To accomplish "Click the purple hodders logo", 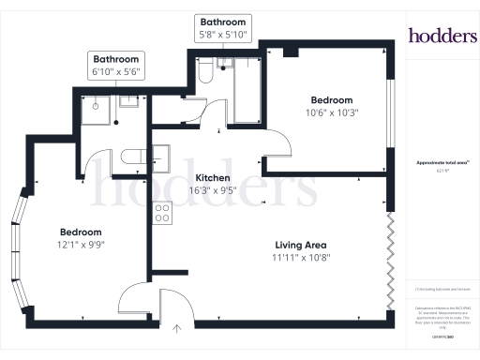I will [442, 36].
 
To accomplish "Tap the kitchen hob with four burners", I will [162, 213].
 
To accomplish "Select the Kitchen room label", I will [215, 177].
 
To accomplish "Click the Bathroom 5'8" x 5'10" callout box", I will [221, 28].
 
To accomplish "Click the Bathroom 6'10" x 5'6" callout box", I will [114, 64].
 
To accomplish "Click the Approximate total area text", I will [442, 162].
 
